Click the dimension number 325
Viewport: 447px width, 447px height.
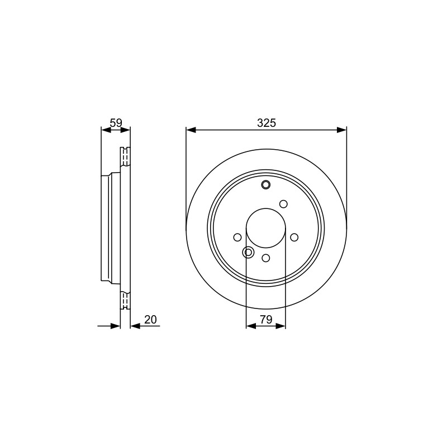coord(267,123)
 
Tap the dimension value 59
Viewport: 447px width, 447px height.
coord(116,123)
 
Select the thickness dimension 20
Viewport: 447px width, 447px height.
coord(150,320)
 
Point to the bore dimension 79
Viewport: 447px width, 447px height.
coord(267,320)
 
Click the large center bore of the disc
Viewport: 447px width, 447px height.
coord(266,228)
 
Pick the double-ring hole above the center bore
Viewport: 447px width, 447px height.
coord(266,185)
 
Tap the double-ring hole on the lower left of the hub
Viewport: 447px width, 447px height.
coord(248,253)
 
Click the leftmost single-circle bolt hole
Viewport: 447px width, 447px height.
coord(237,237)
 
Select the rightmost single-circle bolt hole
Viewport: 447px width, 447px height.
coord(294,237)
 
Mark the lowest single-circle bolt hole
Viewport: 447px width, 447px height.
coord(266,258)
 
